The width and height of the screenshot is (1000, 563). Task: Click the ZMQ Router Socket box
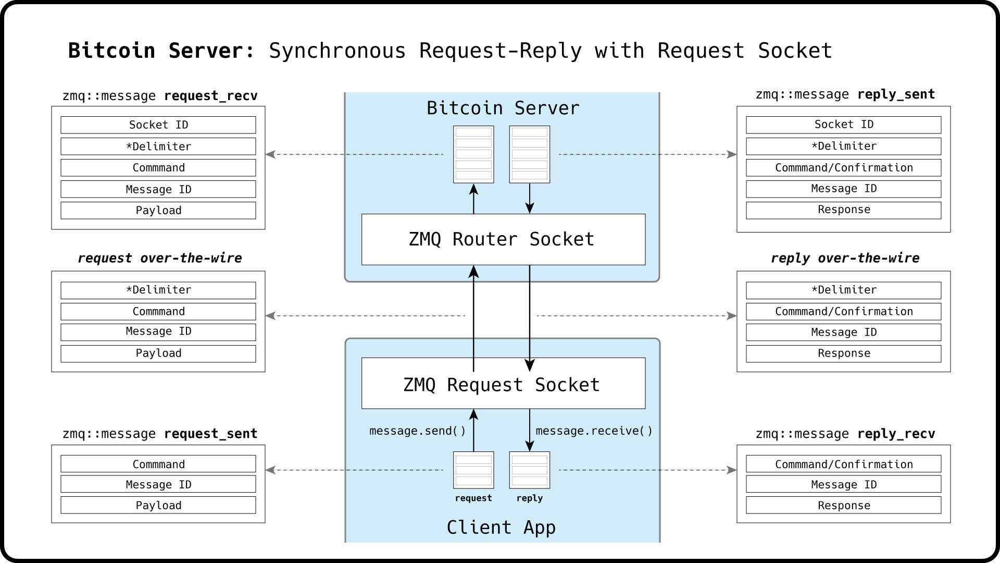coord(503,239)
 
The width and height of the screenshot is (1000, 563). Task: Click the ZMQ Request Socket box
coord(503,384)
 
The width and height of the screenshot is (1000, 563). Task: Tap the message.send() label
coord(417,431)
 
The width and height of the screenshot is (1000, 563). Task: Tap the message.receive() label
coord(594,431)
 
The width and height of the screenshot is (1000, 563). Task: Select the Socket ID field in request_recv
coord(158,125)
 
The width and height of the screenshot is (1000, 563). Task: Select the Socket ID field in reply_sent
coord(843,125)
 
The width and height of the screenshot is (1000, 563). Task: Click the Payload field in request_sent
coord(158,505)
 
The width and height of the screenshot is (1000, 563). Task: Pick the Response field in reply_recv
coord(843,505)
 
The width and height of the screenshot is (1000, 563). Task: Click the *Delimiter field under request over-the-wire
coord(158,290)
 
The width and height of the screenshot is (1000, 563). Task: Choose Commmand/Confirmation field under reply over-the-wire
coord(843,311)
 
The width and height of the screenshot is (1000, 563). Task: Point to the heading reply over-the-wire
coord(845,258)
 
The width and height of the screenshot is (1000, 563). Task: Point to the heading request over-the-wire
coord(160,258)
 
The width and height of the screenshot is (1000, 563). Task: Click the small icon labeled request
coord(473,470)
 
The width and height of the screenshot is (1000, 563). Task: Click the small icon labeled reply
coord(529,470)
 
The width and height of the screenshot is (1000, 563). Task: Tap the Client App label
coord(501,528)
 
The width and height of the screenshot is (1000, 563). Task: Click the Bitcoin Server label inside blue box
coord(503,108)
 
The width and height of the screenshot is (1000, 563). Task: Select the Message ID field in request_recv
coord(158,189)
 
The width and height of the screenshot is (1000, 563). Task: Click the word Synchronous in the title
coord(337,51)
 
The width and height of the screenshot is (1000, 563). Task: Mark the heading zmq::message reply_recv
coord(845,434)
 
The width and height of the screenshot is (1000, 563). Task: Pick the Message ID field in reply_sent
coord(843,189)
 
